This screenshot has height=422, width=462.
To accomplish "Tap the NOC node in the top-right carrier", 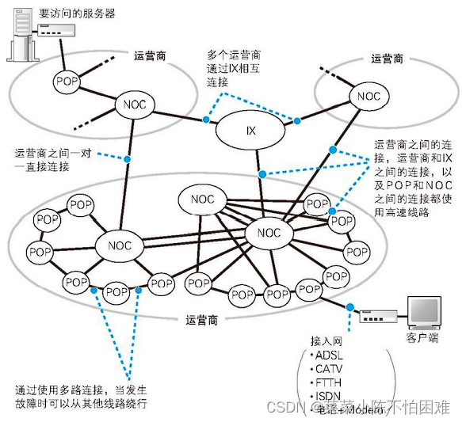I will [369, 97].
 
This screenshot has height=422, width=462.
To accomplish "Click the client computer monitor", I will [422, 313].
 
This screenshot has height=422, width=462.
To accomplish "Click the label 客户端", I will [422, 338].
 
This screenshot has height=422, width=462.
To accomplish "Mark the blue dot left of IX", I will [205, 120].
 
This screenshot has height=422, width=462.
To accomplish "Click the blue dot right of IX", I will [298, 120].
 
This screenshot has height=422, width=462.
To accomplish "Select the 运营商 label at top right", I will [387, 59].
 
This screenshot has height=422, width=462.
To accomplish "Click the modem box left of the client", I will [372, 317].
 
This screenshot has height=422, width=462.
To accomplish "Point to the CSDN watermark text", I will [281, 407].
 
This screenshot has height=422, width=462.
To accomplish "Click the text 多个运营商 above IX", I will [234, 55].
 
